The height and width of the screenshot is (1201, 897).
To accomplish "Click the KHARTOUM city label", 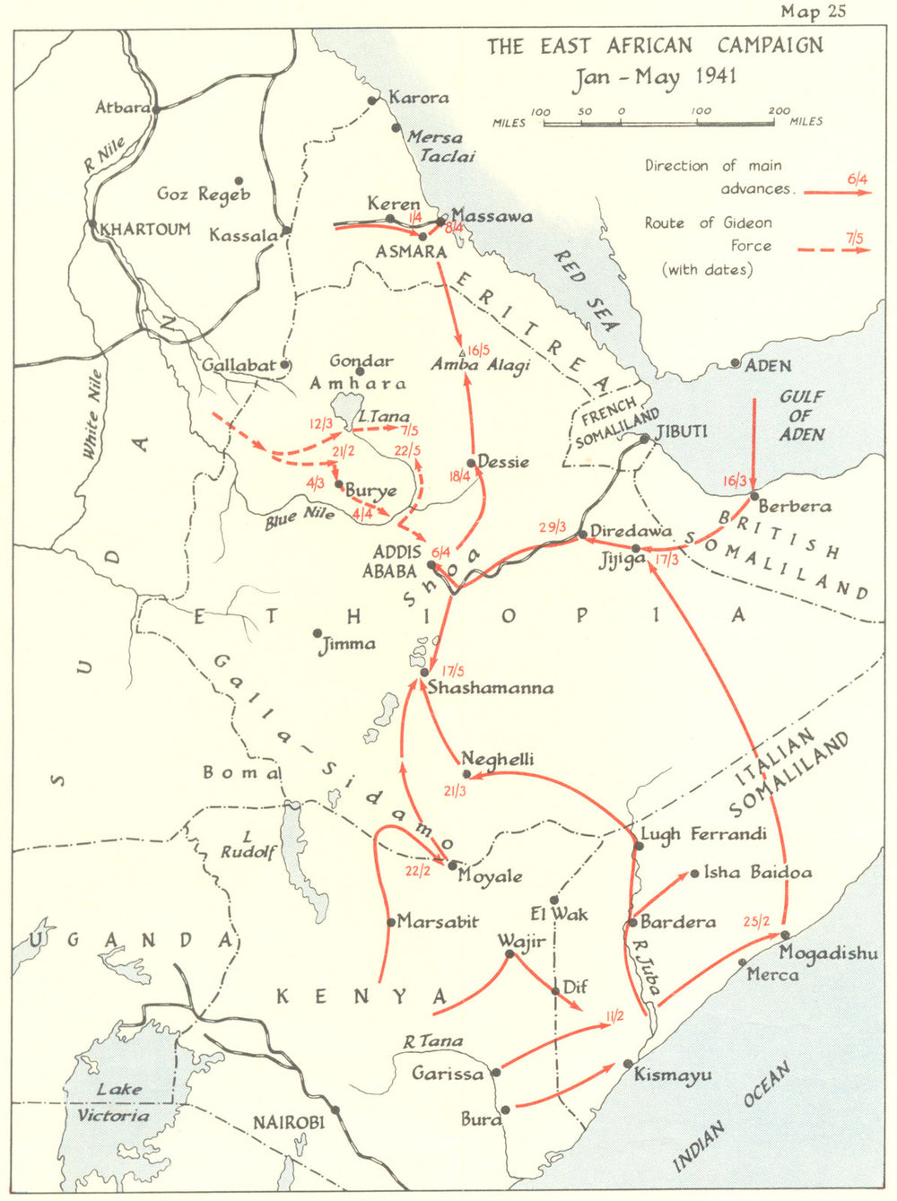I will pos(146,229).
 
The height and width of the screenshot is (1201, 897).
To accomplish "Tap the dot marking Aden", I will pos(736,363).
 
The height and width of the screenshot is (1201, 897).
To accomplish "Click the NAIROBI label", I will pos(285,1122).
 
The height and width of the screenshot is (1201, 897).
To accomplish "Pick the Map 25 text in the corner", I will pos(813,12).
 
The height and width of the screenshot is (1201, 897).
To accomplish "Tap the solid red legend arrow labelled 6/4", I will pos(837,192).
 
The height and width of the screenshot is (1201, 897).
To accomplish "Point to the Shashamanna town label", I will pos(491,688).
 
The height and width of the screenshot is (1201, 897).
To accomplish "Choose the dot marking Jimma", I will pos(318,633).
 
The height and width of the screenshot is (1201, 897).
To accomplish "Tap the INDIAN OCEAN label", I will pos(731,1117).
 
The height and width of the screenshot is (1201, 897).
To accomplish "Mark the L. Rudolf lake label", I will pos(248,845).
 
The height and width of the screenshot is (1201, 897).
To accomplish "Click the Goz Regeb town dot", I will pos(239,179).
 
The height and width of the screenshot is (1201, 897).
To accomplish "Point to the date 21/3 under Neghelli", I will pos(455,791).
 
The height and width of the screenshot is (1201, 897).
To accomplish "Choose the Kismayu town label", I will pos(673,1075).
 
